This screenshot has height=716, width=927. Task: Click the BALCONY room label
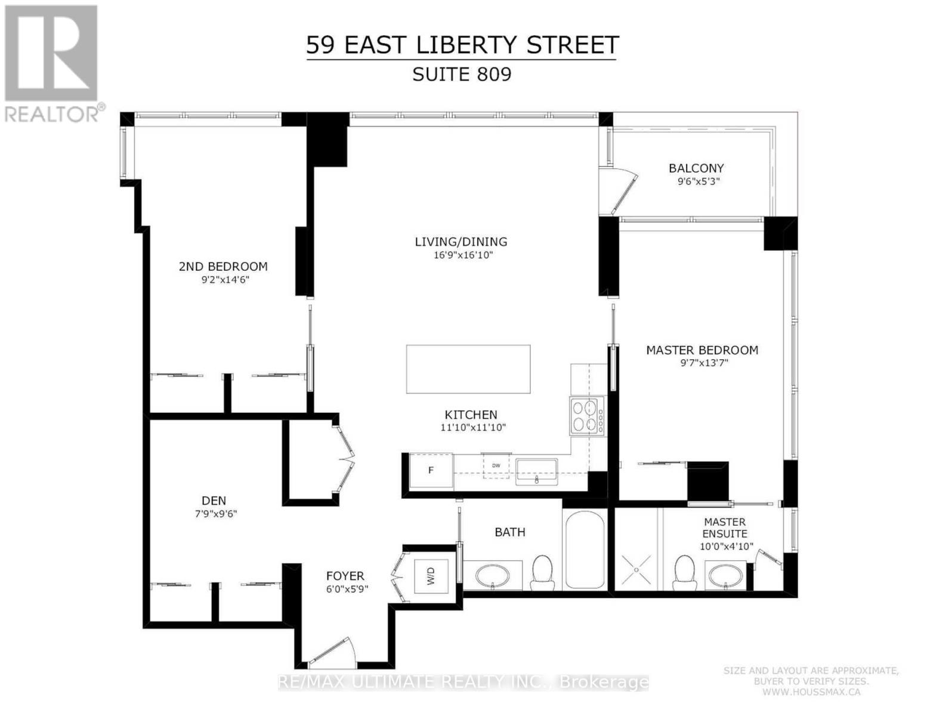click(x=696, y=168)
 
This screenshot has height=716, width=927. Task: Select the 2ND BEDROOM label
click(x=223, y=267)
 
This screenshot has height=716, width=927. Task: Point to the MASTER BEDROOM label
click(x=702, y=350)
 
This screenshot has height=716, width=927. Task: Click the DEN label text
click(x=214, y=501)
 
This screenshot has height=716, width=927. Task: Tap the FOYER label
click(x=345, y=576)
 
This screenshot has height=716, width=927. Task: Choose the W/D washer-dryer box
click(x=431, y=576)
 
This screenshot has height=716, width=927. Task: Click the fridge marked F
click(x=431, y=471)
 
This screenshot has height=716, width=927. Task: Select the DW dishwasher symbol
click(x=496, y=465)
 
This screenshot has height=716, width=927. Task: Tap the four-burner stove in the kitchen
click(x=586, y=415)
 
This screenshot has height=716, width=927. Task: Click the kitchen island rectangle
click(x=468, y=369)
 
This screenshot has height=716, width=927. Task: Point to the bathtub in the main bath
click(x=585, y=550)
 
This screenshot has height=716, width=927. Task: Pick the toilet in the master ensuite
click(x=682, y=573)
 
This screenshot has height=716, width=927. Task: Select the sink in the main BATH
click(x=493, y=576)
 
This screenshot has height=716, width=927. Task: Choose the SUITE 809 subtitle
click(x=462, y=75)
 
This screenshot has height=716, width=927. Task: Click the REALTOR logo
click(x=52, y=62)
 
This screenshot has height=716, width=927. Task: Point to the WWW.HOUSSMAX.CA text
click(x=811, y=692)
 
